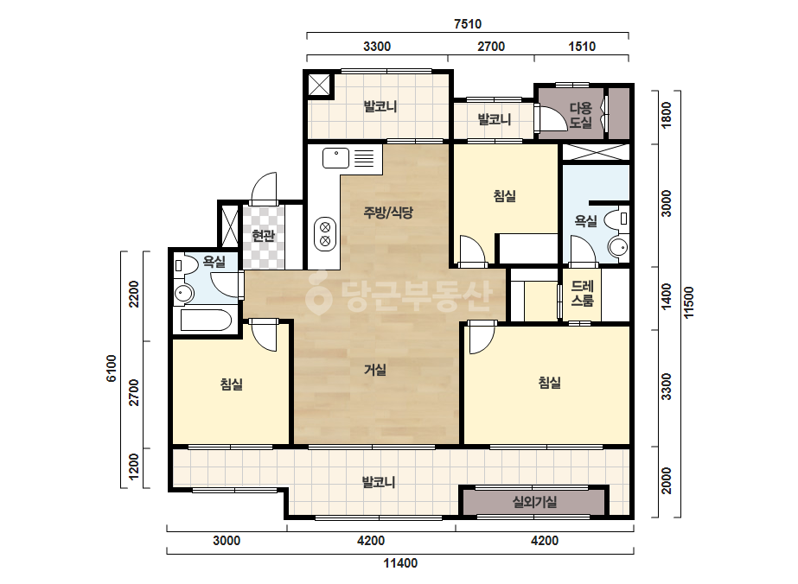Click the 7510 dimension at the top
pyautogui.click(x=468, y=24)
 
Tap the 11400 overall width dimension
pyautogui.click(x=400, y=563)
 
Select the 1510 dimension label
pyautogui.click(x=582, y=47)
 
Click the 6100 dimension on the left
pyautogui.click(x=112, y=368)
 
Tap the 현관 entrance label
pyautogui.click(x=264, y=236)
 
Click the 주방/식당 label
pyautogui.click(x=388, y=213)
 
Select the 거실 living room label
pyautogui.click(x=375, y=370)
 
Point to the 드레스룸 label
pyautogui.click(x=582, y=294)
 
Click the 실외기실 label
pyautogui.click(x=534, y=502)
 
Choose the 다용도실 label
pyautogui.click(x=581, y=115)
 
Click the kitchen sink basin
pyautogui.click(x=336, y=158)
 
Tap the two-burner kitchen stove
pyautogui.click(x=325, y=234)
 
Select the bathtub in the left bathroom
pyautogui.click(x=206, y=320)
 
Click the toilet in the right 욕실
pyautogui.click(x=616, y=219)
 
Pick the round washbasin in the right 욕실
pyautogui.click(x=618, y=247)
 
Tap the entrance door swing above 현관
pyautogui.click(x=265, y=188)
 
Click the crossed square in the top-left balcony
pyautogui.click(x=318, y=85)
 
